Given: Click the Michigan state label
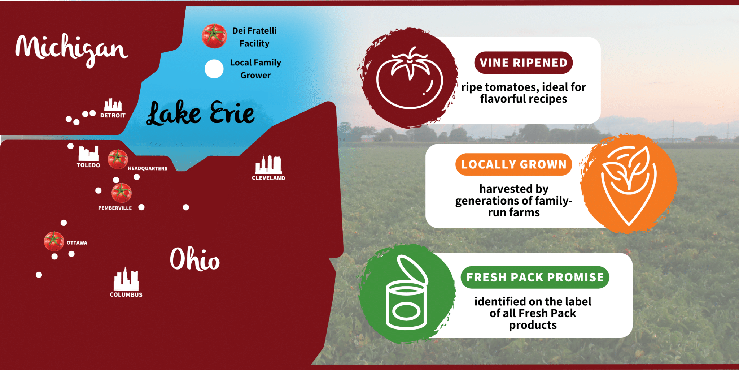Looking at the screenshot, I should [x=71, y=50].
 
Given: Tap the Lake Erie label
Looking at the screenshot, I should [x=200, y=113].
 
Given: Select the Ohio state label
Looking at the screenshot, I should [x=195, y=259].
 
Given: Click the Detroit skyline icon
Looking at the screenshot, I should [x=113, y=104].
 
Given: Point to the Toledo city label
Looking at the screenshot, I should [x=88, y=165].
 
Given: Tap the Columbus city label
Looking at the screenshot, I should [x=126, y=295].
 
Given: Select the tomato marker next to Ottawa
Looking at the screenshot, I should [x=54, y=241].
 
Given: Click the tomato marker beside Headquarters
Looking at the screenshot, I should [x=118, y=159].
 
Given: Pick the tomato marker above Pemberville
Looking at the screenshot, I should [x=122, y=193].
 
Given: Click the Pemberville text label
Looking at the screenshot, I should [x=115, y=208].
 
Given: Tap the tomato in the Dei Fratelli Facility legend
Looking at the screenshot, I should [x=214, y=36].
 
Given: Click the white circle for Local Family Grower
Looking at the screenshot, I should [x=214, y=69].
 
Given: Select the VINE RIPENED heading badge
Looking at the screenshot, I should [x=523, y=63].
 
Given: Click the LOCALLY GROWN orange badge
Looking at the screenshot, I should [x=513, y=164].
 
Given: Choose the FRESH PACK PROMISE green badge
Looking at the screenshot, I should [x=535, y=277].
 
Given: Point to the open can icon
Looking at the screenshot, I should [x=407, y=293].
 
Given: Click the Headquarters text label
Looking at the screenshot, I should [x=148, y=169].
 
